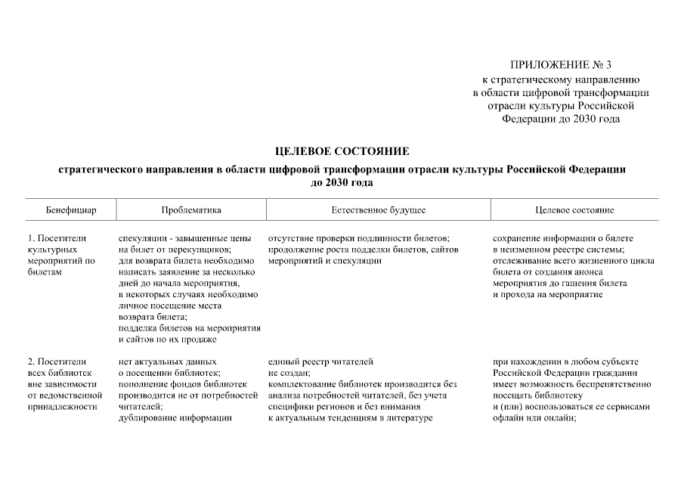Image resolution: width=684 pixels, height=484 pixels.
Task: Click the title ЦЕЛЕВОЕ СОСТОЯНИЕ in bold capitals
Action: (x=342, y=152)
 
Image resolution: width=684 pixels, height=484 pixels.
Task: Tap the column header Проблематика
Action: (x=190, y=209)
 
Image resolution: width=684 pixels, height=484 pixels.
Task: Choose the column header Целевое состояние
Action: (x=574, y=209)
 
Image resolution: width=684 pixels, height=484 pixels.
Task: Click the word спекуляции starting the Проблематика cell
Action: (x=143, y=238)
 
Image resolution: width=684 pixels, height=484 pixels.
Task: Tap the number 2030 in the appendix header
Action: (x=584, y=119)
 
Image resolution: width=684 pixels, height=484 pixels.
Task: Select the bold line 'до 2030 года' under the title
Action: (x=342, y=182)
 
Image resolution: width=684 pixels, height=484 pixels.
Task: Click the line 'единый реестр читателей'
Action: (x=320, y=361)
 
